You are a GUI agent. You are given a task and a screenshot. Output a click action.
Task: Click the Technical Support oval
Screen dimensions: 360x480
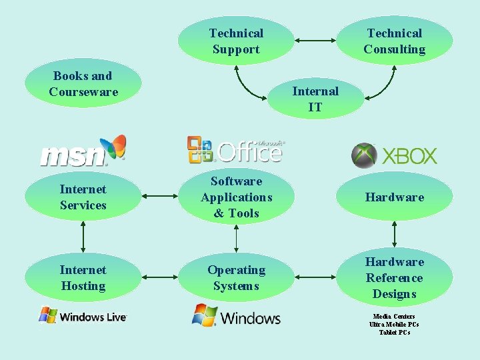point(236,41)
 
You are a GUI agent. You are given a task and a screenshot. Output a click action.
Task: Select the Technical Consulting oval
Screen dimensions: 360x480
point(394,41)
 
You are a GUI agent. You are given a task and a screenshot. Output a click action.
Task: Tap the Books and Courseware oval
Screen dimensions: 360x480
point(83,84)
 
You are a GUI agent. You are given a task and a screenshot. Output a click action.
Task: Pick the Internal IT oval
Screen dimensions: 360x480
point(315,99)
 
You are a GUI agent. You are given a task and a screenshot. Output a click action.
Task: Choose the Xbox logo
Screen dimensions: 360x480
point(394,156)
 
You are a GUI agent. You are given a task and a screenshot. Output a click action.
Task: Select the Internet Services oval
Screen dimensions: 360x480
point(83,197)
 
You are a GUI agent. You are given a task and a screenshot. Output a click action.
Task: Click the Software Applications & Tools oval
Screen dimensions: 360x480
point(236,197)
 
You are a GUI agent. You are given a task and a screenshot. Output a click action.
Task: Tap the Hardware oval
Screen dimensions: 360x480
point(394,197)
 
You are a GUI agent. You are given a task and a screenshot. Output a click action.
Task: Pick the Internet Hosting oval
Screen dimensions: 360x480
point(83,277)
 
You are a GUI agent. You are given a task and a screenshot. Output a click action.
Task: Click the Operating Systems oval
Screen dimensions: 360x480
point(236,277)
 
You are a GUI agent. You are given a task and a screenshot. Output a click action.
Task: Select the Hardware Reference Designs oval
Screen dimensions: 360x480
point(394,277)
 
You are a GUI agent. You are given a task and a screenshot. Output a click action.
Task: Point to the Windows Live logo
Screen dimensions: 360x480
point(83,315)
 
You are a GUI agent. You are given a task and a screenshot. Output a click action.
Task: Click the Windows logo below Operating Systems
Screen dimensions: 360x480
point(236,315)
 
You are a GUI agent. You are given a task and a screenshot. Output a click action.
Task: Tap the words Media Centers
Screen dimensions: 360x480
point(394,316)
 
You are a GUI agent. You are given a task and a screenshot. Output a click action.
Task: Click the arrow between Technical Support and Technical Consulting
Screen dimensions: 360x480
point(315,41)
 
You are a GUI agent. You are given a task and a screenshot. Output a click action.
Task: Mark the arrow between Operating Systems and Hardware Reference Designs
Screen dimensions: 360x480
point(315,277)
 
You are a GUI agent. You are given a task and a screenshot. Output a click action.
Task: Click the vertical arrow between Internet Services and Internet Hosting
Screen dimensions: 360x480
point(83,235)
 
